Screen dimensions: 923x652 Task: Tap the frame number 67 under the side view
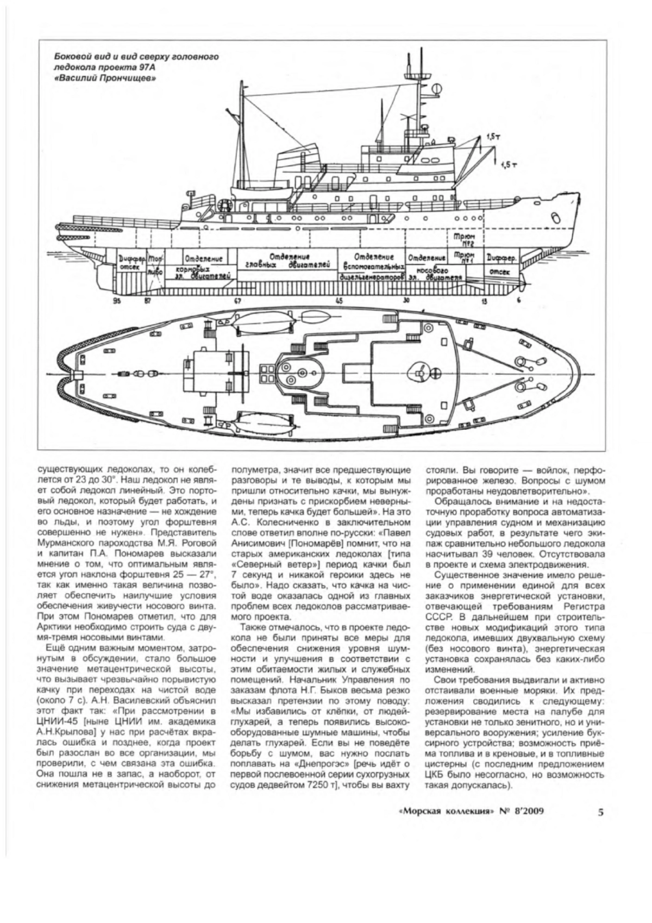click(x=237, y=300)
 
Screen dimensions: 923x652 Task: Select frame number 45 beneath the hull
click(x=340, y=300)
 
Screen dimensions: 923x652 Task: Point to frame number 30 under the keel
click(x=405, y=300)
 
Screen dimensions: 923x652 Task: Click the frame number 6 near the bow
click(x=518, y=300)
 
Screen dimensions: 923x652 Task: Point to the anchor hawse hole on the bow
click(x=554, y=217)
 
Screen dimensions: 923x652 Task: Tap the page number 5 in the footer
click(x=600, y=813)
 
